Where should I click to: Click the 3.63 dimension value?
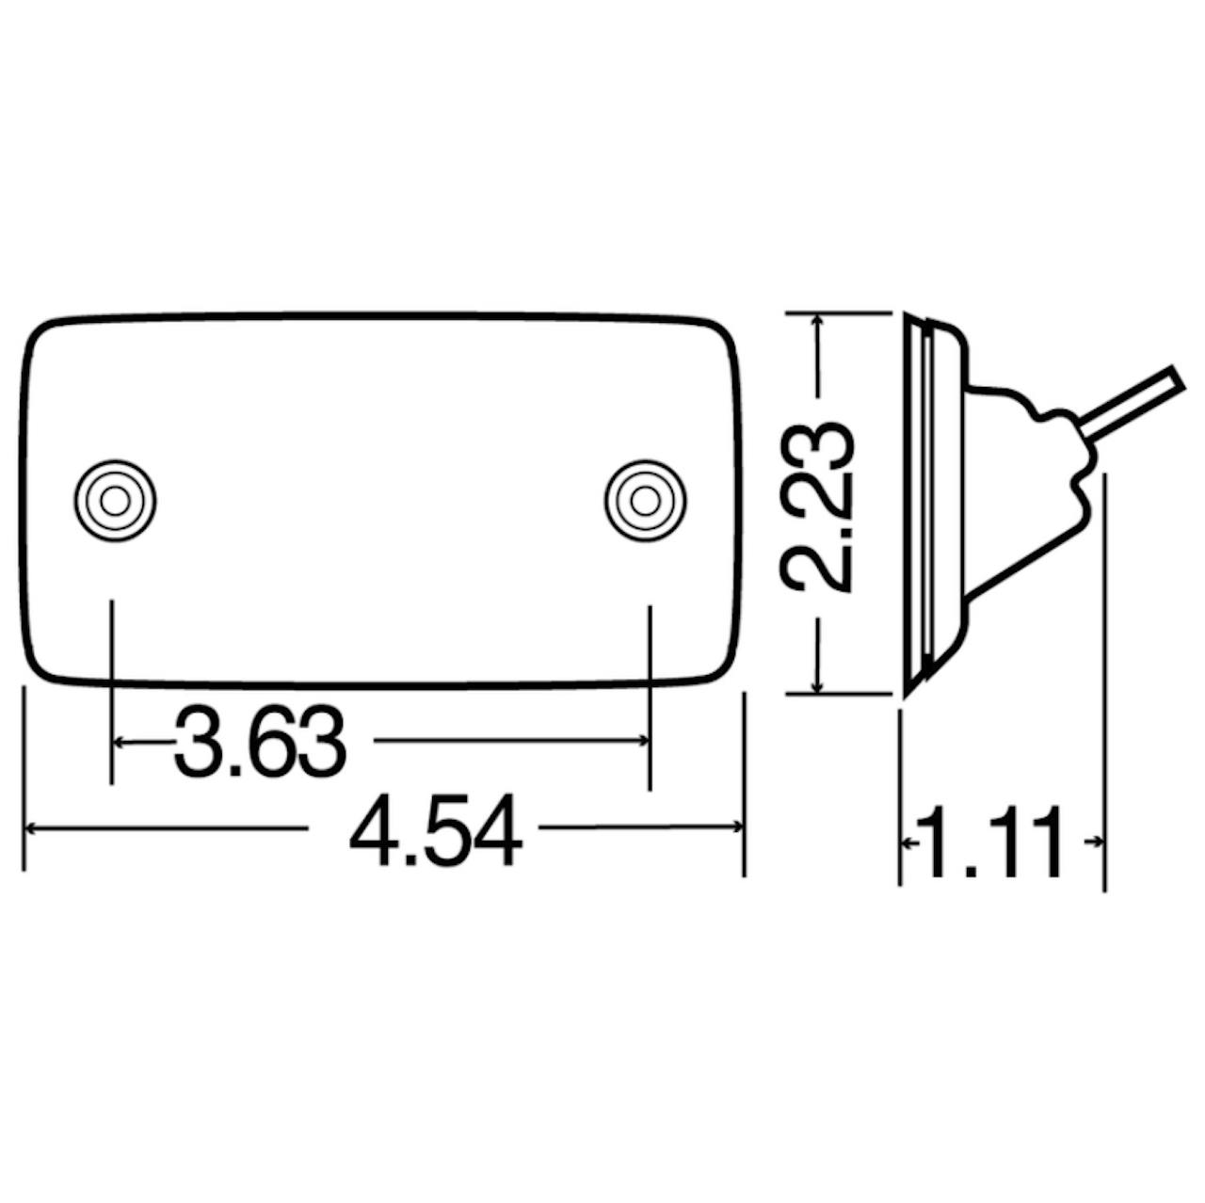(x=260, y=742)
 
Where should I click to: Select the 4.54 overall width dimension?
(x=435, y=829)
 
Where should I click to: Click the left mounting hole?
(x=116, y=501)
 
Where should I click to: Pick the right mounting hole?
(x=646, y=501)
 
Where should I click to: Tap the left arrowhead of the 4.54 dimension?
(x=30, y=829)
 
